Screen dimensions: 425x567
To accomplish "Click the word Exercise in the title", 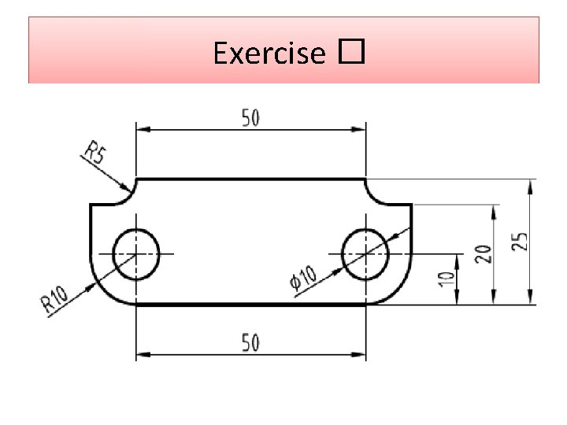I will (x=269, y=54).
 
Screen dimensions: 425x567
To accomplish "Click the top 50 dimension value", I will (x=250, y=118).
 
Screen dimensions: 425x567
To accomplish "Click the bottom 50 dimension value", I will (x=250, y=343).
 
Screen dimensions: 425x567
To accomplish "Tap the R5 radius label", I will (x=95, y=152).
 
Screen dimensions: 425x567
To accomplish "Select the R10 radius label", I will (x=55, y=299).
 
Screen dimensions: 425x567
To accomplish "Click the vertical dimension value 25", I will (x=521, y=242).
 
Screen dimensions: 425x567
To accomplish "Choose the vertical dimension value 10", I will (x=446, y=278).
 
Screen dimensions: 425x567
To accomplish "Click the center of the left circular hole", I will (x=136, y=254).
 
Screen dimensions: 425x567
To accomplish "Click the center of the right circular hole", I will (x=365, y=254).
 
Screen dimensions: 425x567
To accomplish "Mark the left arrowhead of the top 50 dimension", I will (x=143, y=128).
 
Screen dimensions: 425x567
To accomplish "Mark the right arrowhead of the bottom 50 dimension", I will (x=360, y=354).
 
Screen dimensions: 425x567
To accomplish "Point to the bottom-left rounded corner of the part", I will (x=103, y=290).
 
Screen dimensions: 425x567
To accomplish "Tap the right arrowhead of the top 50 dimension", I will (x=360, y=128).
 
